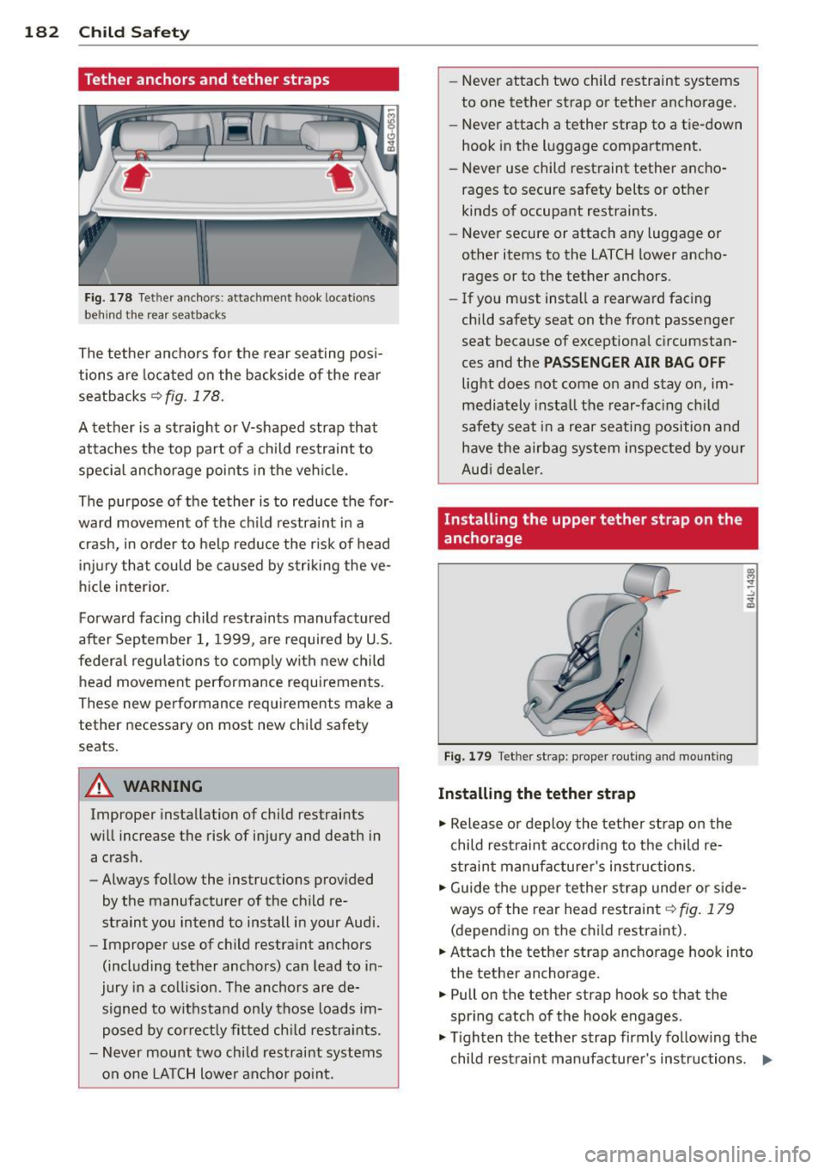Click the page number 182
click(41, 32)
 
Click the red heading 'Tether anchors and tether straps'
click(207, 80)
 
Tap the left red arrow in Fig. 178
click(136, 178)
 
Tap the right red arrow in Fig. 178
click(341, 177)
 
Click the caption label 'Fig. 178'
click(108, 298)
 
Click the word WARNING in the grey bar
click(163, 786)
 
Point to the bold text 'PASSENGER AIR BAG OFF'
click(634, 362)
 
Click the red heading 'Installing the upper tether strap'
click(592, 528)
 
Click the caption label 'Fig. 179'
click(467, 757)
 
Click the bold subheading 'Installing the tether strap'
click(536, 794)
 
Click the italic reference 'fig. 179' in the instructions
click(706, 909)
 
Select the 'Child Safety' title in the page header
click(134, 32)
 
